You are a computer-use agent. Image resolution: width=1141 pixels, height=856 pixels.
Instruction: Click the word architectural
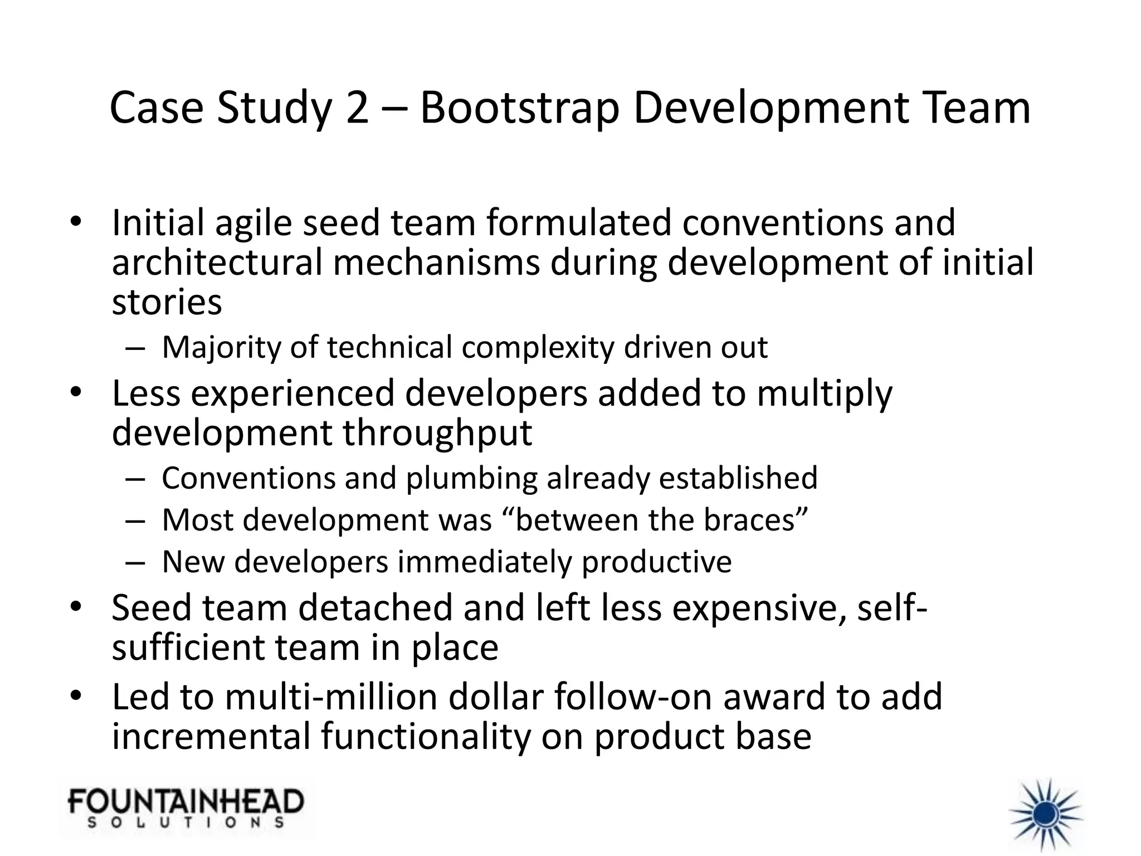[x=217, y=263]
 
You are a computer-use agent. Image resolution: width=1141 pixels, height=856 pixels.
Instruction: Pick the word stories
[x=167, y=303]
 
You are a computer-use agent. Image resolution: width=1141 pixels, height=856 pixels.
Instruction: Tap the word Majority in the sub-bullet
[x=221, y=348]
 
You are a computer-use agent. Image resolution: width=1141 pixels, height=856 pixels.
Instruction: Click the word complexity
[x=538, y=348]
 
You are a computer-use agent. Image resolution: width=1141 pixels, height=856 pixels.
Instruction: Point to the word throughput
[x=437, y=433]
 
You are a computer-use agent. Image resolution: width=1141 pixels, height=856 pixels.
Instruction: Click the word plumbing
[x=471, y=478]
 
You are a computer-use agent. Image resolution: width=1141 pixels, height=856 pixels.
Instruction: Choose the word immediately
[x=484, y=562]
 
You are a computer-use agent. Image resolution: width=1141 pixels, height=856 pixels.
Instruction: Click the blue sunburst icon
[x=1046, y=815]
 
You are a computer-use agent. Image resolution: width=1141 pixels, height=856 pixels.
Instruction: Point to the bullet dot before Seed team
[x=76, y=606]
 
